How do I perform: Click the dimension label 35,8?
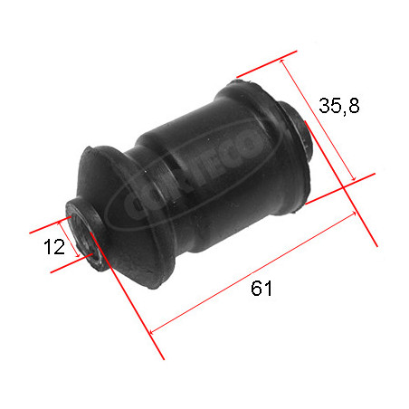coord(339,106)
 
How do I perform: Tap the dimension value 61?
coord(262,288)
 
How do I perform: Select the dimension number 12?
coord(54,247)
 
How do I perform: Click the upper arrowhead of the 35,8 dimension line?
coord(282,62)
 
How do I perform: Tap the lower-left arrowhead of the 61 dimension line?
coord(152,332)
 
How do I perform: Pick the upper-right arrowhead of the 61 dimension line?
coord(354,214)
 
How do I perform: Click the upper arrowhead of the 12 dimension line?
coord(61,223)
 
